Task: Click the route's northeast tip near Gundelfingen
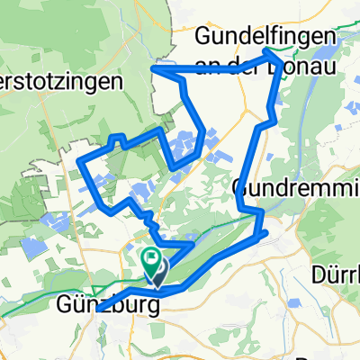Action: (269, 54)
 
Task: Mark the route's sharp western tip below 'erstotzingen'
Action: (80, 162)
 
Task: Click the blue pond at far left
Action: (33, 247)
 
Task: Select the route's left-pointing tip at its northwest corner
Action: (153, 67)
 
